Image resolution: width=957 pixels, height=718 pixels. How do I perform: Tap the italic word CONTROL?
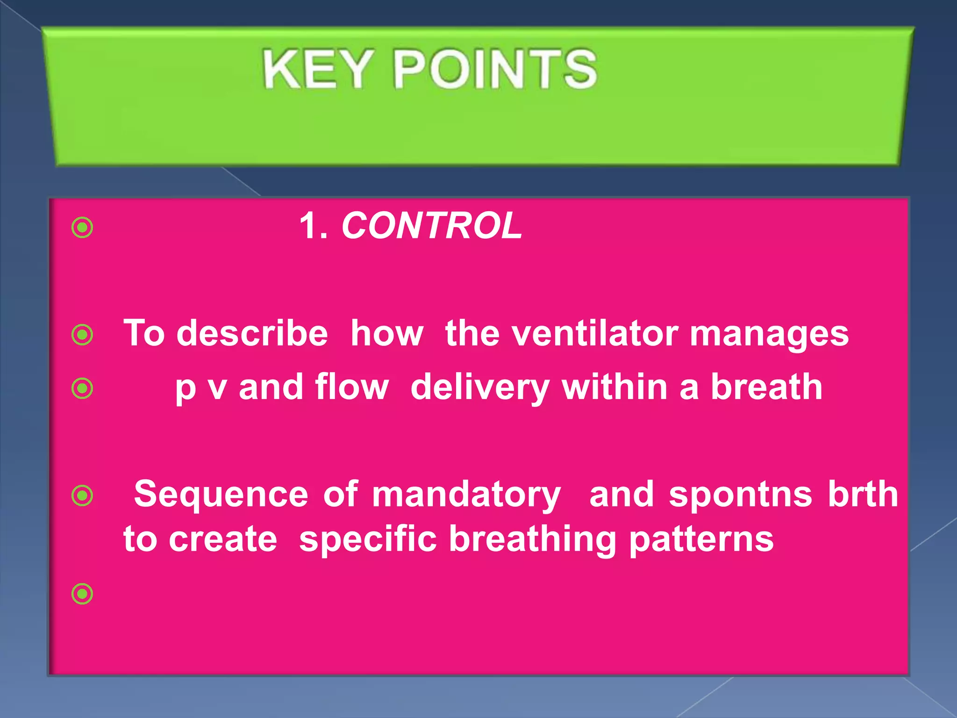(432, 226)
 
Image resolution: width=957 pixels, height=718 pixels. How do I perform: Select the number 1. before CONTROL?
(313, 226)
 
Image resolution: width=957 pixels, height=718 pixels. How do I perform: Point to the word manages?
(769, 334)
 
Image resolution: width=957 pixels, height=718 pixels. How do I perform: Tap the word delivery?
(480, 388)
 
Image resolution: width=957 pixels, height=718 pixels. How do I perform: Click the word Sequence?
(221, 495)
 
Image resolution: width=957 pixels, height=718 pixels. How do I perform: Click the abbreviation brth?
(863, 494)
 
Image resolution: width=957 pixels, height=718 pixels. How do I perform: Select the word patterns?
(701, 540)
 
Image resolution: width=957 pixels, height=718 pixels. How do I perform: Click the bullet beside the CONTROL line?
(83, 228)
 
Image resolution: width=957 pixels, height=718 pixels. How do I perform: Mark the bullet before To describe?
(83, 335)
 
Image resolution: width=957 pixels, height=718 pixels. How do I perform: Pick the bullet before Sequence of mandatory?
(83, 495)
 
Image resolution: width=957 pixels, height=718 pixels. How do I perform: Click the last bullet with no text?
(83, 594)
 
